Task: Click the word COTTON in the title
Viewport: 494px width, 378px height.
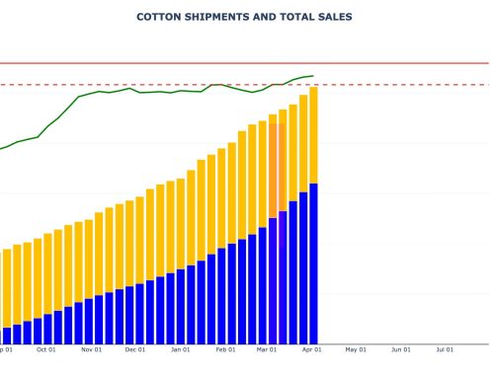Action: [158, 17]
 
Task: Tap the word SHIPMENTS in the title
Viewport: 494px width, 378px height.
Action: [219, 17]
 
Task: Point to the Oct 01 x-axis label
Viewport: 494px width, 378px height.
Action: [45, 348]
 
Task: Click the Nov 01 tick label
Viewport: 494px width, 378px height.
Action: [91, 348]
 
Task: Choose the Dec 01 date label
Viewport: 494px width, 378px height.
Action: [135, 348]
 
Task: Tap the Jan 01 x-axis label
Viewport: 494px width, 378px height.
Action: [181, 348]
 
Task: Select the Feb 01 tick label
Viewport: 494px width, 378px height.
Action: [226, 348]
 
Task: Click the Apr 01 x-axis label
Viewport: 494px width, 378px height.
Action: [312, 348]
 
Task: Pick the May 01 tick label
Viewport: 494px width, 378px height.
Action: [356, 348]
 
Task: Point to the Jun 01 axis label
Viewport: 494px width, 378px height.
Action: [401, 348]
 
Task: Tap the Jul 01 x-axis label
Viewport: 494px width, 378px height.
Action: [446, 348]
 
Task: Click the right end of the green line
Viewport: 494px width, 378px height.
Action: [313, 75]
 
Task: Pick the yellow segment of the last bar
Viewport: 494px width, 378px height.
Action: [313, 134]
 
